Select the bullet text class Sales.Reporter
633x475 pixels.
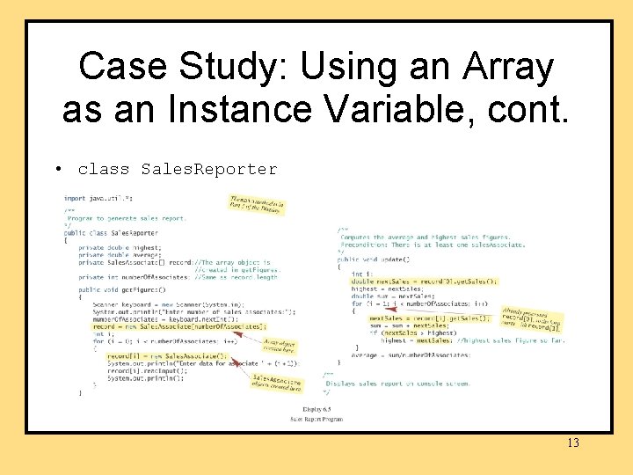pyautogui.click(x=177, y=168)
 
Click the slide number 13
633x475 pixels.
pyautogui.click(x=572, y=442)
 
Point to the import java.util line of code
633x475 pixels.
pyautogui.click(x=97, y=199)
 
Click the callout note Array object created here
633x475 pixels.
pyautogui.click(x=280, y=345)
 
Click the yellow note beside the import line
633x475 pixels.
pyautogui.click(x=257, y=205)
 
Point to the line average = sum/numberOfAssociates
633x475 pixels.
pyautogui.click(x=414, y=354)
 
